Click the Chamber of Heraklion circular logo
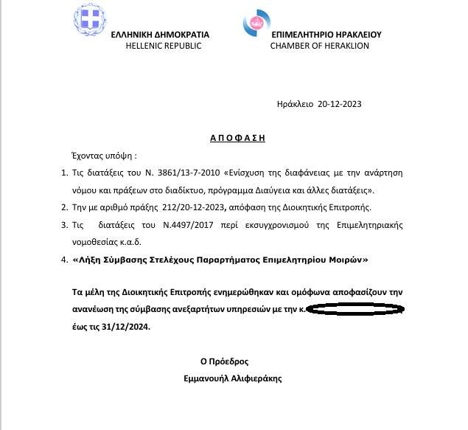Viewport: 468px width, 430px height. [256, 22]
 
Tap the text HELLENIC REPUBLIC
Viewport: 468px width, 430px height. [160, 46]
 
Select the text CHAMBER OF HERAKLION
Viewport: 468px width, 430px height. [320, 46]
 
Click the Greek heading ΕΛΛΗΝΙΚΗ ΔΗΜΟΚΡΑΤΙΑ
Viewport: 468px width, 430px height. [160, 35]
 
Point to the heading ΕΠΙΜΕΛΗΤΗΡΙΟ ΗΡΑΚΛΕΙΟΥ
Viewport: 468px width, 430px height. [326, 35]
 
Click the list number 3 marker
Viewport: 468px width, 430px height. [63, 224]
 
